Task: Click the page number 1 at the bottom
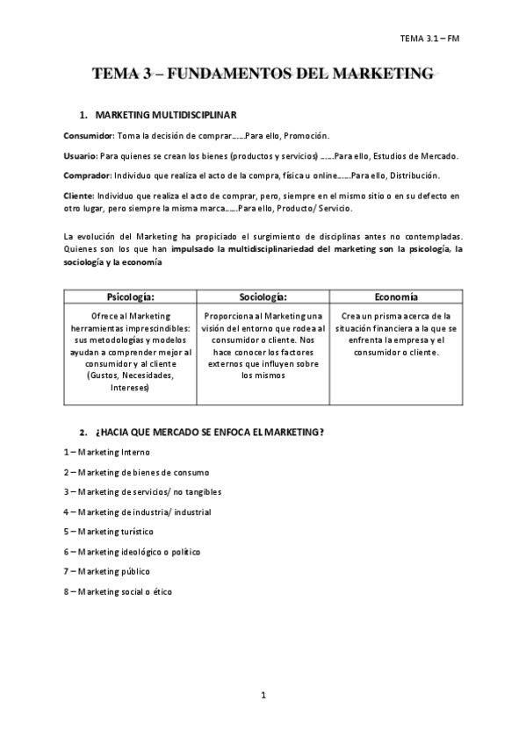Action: coord(263,696)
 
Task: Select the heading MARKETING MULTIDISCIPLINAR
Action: coord(163,115)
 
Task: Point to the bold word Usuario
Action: coord(80,155)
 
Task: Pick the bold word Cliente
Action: coord(79,194)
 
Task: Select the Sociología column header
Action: coord(263,297)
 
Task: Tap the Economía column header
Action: coord(394,297)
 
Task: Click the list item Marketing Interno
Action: coord(113,452)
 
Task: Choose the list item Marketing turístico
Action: coord(115,532)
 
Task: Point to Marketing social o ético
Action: coord(124,591)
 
